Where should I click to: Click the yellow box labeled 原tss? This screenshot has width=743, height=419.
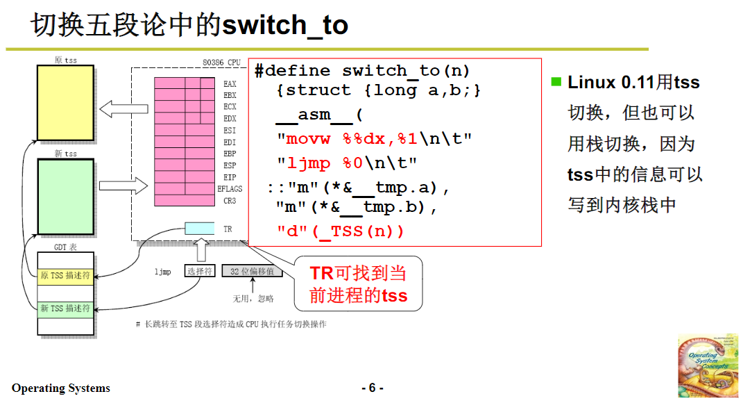pos(65,103)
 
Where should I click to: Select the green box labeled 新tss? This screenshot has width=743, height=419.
pos(65,197)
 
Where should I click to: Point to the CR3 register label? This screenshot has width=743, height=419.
pos(230,201)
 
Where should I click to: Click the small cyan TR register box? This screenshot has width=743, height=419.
pos(200,229)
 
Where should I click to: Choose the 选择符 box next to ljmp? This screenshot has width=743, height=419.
pos(200,272)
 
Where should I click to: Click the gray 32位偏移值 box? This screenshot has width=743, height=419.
pos(252,272)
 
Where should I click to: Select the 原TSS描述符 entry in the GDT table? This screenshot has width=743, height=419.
pos(65,276)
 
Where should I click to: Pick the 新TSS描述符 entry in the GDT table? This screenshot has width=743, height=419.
pos(65,309)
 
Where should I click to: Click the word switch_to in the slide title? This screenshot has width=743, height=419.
pos(284,26)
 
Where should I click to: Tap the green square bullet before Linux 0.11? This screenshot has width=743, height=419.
pos(556,81)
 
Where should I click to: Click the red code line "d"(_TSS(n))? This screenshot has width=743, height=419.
pos(340,231)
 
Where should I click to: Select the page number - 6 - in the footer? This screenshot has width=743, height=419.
pos(372,388)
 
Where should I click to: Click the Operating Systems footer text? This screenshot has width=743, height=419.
pos(61,388)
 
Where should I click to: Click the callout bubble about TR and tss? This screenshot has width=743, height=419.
pos(358,284)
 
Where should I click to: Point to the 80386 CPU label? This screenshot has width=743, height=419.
pos(221,63)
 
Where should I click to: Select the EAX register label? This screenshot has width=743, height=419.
pos(230,84)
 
